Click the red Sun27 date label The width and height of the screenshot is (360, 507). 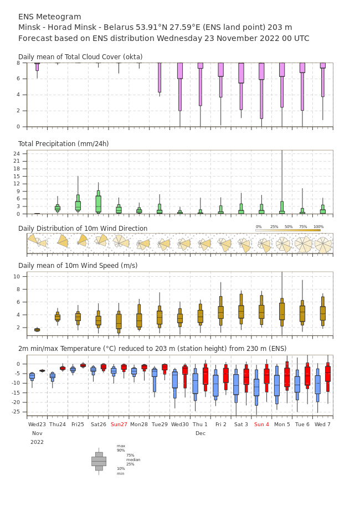[119, 424]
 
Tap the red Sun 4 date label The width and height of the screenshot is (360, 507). [261, 424]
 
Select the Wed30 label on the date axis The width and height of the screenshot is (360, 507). [180, 424]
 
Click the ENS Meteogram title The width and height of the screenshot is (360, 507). [49, 17]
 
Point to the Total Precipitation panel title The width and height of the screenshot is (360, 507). [63, 143]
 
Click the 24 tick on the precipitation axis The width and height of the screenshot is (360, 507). [17, 153]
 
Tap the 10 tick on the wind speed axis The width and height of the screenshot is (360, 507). [17, 276]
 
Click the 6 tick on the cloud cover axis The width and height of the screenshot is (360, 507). [18, 79]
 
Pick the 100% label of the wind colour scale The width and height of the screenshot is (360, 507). [318, 227]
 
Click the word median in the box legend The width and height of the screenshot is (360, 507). [133, 459]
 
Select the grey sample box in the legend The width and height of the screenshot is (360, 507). [99, 462]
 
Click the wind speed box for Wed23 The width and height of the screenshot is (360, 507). [37, 330]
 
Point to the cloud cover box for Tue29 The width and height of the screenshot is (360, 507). [160, 77]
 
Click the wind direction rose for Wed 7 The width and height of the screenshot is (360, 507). [323, 245]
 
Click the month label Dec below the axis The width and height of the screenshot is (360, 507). [200, 433]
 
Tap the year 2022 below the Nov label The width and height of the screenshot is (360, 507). [37, 442]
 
